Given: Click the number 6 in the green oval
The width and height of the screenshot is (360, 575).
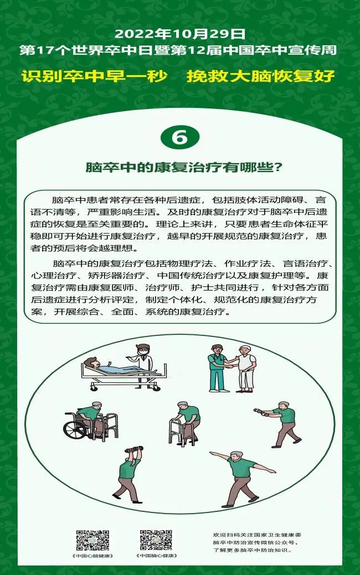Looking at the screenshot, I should click(x=179, y=137).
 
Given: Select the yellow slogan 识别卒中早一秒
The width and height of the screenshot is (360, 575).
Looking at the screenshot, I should click(x=95, y=76).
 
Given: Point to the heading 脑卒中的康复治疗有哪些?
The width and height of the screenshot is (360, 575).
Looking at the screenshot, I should click(x=179, y=167).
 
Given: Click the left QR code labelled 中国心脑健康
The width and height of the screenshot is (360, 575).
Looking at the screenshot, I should click(x=92, y=540).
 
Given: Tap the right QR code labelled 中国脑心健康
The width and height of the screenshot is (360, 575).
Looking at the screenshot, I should click(x=156, y=540).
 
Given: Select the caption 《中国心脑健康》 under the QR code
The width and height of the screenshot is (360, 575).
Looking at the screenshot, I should click(x=92, y=556).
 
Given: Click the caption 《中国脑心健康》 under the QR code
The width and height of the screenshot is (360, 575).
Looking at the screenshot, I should click(x=156, y=556).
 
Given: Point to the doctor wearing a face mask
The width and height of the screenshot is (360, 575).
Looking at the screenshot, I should click(x=144, y=360).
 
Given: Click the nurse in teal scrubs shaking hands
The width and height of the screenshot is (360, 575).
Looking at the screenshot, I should click(x=217, y=368).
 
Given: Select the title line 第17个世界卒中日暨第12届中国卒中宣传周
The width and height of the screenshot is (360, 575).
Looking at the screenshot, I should click(x=179, y=51).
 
